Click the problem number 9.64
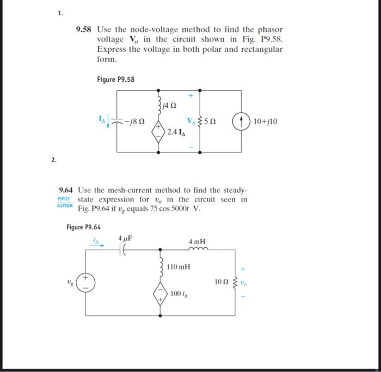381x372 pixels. [x=67, y=190]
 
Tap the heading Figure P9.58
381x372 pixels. [x=115, y=80]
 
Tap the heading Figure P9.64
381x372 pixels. [x=84, y=227]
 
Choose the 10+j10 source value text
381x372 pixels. [x=265, y=121]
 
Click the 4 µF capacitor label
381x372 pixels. [x=125, y=238]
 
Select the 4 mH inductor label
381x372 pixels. [x=197, y=241]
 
